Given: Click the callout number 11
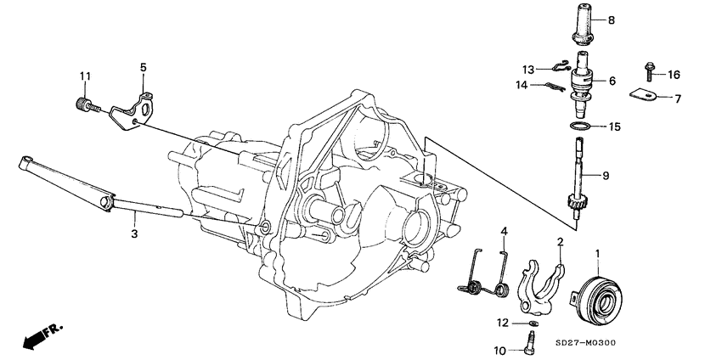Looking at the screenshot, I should pos(85,78).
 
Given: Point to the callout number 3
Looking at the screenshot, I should pos(133,233).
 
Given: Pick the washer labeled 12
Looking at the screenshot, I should pos(533,323).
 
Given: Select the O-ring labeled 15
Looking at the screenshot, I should pos(580,127).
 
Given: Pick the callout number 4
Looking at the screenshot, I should pos(503,231).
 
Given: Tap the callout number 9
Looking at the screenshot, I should pos(606,177).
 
